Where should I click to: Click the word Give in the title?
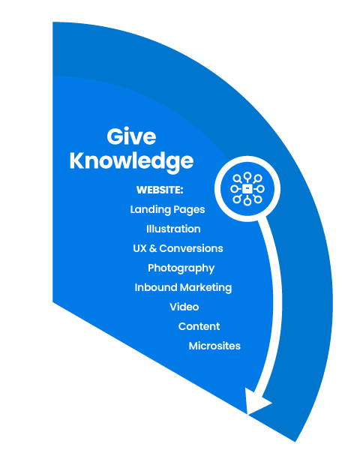pos(131,136)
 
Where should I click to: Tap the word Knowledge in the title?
pos(131,161)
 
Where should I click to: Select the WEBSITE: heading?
pos(160,190)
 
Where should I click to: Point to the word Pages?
pos(189,210)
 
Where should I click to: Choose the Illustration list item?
pos(173,229)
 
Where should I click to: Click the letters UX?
pos(139,248)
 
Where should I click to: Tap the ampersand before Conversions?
pos(153,248)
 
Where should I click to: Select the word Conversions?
pos(191,248)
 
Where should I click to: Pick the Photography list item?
pos(181,268)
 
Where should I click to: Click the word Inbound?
pos(156,287)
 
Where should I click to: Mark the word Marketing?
pos(205,288)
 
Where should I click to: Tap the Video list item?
pos(184,307)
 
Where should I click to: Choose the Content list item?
pos(199,326)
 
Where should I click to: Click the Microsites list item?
pos(214,346)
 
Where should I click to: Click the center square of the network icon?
pos(247,188)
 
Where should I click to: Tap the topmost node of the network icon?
pos(247,176)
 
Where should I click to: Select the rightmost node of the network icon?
pos(261,188)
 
